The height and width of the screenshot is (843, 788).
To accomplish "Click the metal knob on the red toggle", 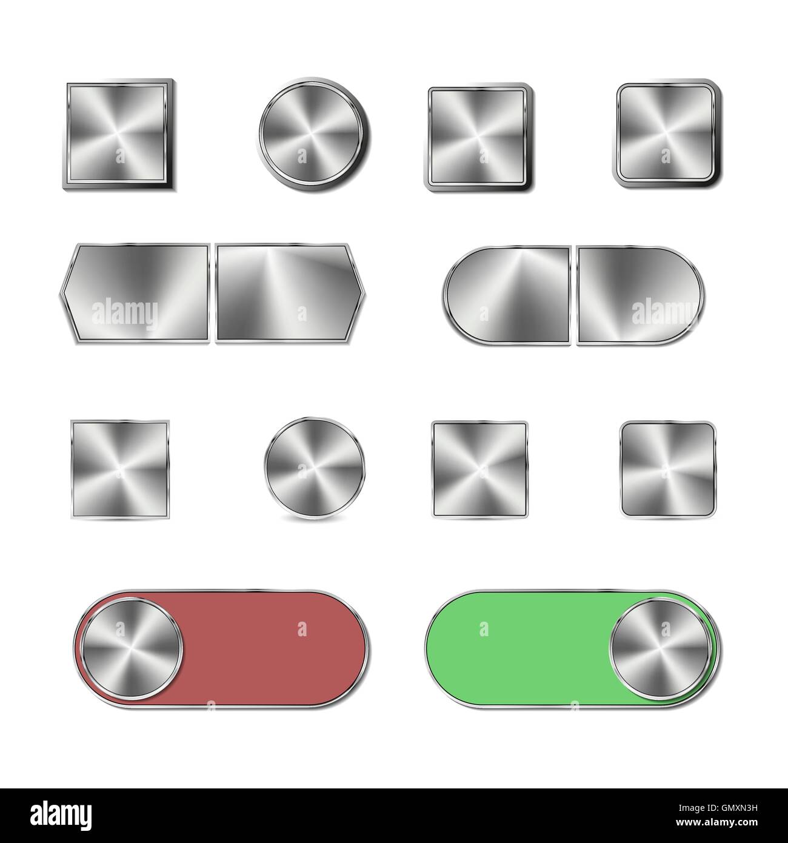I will point(132,647).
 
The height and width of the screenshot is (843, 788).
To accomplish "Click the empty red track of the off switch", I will point(273,647).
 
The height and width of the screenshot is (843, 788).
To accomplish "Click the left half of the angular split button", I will point(136,294).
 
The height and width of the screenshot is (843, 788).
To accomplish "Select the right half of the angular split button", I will point(289,294).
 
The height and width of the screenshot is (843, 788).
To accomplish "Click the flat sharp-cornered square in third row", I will point(120,470).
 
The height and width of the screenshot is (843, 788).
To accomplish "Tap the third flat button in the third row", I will point(479,470).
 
